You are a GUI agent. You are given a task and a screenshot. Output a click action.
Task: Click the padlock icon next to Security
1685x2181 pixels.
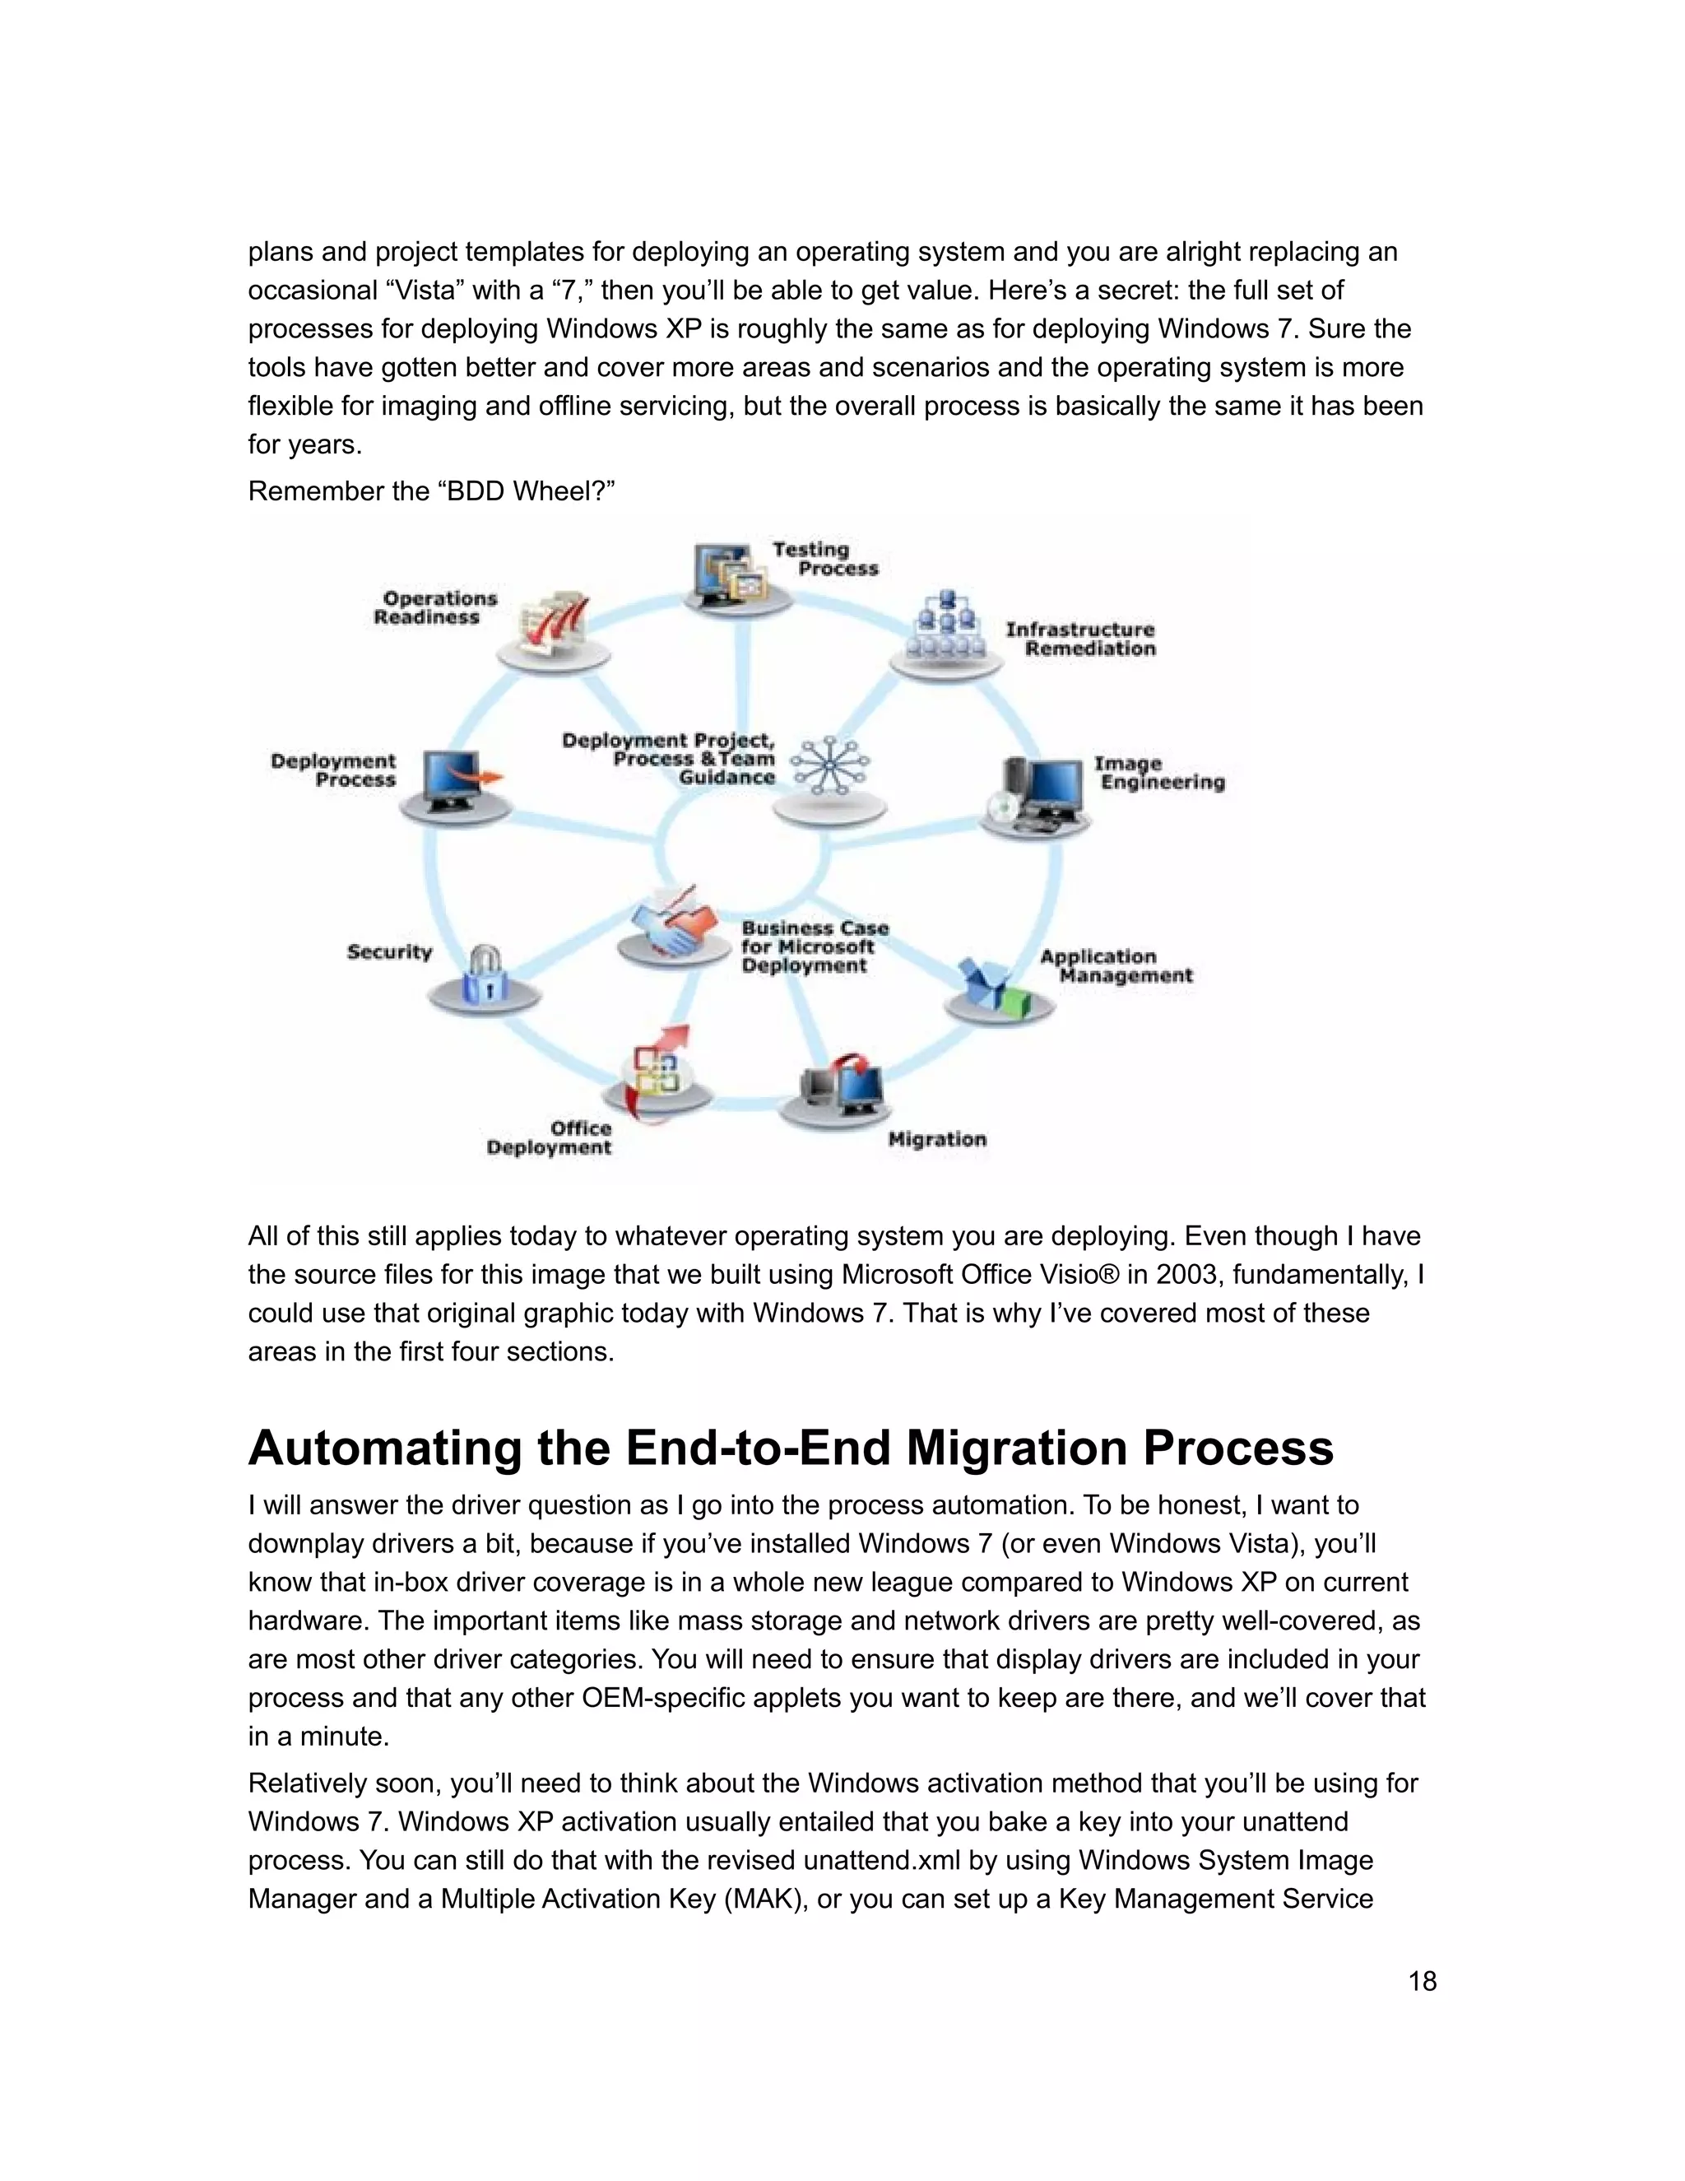coord(485,974)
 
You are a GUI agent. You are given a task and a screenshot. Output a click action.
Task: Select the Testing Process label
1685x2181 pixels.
coord(824,558)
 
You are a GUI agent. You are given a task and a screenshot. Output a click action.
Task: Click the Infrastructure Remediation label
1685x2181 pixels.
coord(1080,639)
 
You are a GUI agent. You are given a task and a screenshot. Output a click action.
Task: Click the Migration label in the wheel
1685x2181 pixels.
coord(936,1139)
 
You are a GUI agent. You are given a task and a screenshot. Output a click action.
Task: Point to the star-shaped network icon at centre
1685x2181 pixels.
coord(829,766)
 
